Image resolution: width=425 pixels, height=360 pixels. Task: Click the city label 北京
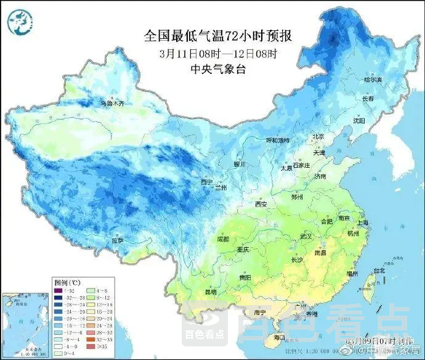(x=318, y=136)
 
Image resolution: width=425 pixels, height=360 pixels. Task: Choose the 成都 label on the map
(x=222, y=239)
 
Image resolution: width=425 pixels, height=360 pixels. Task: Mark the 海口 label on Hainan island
(x=278, y=337)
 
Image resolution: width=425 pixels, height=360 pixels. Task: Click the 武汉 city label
(x=307, y=236)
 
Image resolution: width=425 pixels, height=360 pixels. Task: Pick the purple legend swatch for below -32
(x=59, y=289)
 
